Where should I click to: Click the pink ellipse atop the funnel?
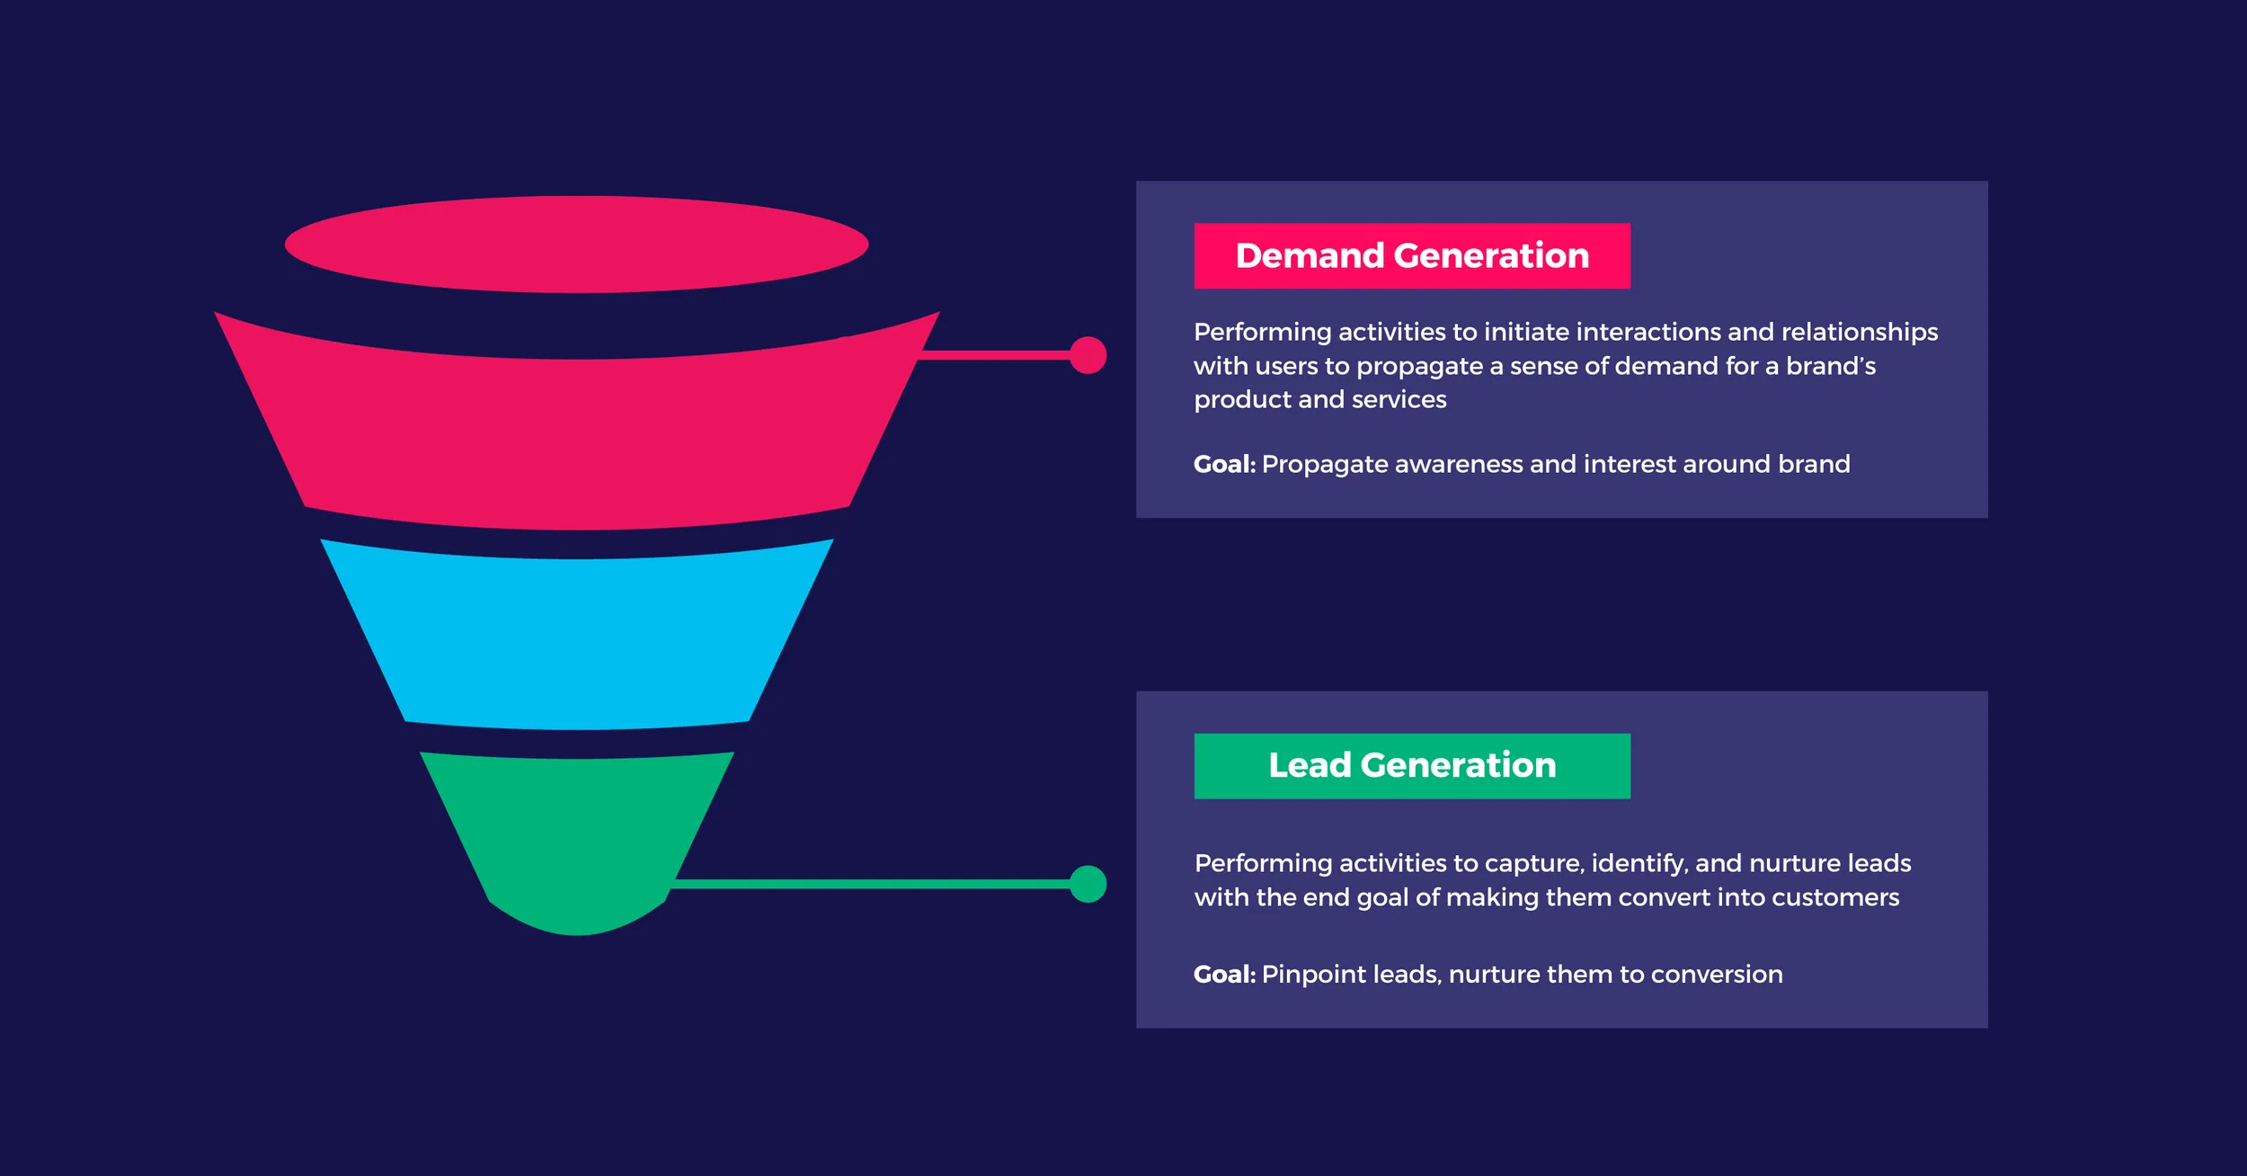[576, 244]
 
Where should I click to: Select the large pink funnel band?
[576, 441]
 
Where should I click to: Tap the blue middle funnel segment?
[576, 638]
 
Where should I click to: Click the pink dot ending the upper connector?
[1088, 355]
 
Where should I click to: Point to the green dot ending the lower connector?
[1088, 884]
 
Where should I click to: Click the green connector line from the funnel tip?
[872, 884]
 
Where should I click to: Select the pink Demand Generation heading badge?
[1412, 255]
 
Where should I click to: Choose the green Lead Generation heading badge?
[1412, 765]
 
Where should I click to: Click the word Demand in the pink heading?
[1310, 255]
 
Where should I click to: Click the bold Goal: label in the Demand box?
[1224, 464]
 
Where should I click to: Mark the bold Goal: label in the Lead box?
[1224, 974]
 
